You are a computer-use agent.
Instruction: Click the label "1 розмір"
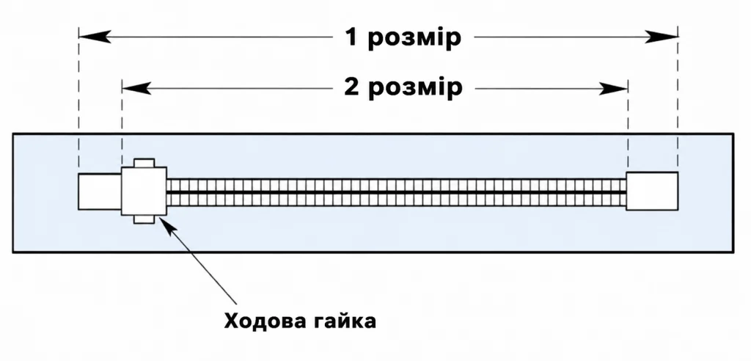coord(403,38)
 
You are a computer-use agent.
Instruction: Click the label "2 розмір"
coord(403,88)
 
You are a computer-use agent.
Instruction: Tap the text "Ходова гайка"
coord(300,321)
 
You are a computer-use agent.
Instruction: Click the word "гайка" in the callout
coord(343,321)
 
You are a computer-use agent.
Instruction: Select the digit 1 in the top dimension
coord(352,37)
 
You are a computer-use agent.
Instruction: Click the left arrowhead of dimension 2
coord(136,88)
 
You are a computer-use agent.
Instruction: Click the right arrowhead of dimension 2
coord(613,88)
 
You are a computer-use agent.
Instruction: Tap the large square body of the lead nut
coord(144,191)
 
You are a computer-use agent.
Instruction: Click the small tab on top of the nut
coord(144,163)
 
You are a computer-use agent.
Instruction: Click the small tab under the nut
coord(144,219)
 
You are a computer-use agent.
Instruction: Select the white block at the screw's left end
coord(100,192)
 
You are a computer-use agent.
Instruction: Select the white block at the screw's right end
coord(652,191)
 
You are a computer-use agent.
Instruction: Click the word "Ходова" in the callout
coord(264,321)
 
